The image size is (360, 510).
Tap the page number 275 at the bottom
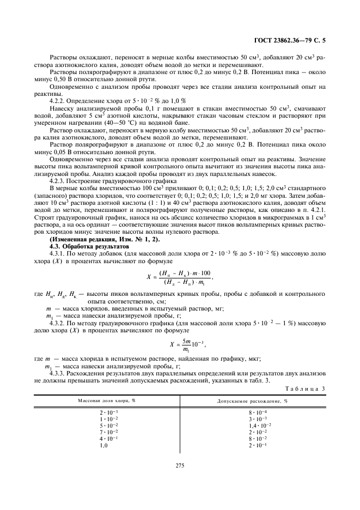tap(180, 465)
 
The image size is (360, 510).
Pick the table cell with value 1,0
tap(103, 445)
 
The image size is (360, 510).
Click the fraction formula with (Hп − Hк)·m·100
tap(179, 277)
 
